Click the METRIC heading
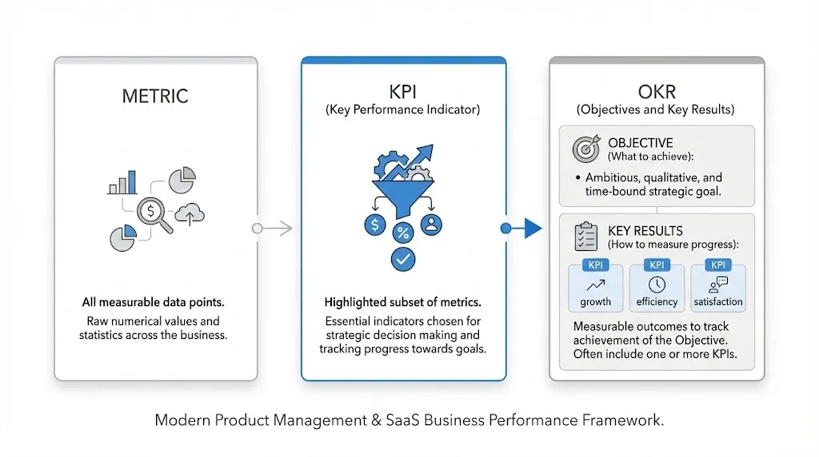point(155,97)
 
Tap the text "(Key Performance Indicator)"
point(403,110)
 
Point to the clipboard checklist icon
point(587,236)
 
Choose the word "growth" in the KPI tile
point(595,302)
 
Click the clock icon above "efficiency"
point(657,284)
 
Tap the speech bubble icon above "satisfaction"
point(717,284)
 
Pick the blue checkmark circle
point(403,258)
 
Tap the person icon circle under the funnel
point(432,225)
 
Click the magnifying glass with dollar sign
point(154,213)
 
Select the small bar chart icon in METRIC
point(122,183)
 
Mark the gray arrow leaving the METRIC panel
point(273,228)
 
